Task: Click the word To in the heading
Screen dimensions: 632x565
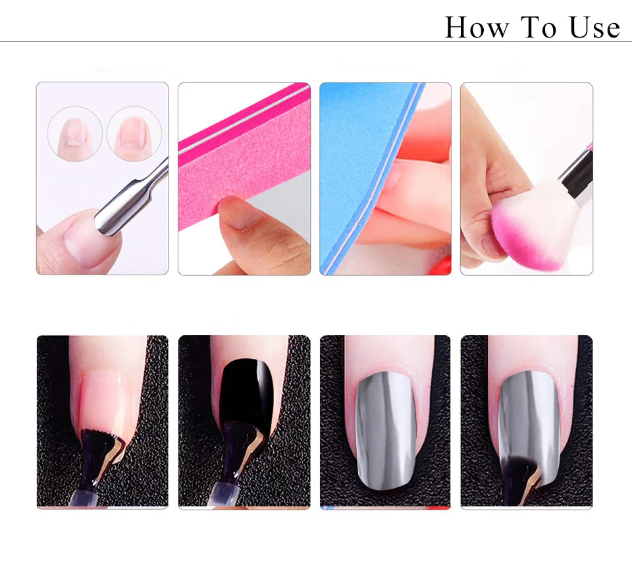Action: [x=539, y=28]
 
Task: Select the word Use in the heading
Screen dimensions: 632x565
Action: [x=594, y=28]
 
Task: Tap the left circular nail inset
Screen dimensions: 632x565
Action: [x=74, y=134]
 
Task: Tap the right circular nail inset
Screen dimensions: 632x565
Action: [x=134, y=134]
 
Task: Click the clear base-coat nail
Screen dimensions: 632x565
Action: [x=105, y=403]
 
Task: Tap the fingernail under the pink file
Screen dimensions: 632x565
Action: [x=241, y=214]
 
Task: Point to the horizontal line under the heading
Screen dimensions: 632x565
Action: [x=316, y=41]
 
